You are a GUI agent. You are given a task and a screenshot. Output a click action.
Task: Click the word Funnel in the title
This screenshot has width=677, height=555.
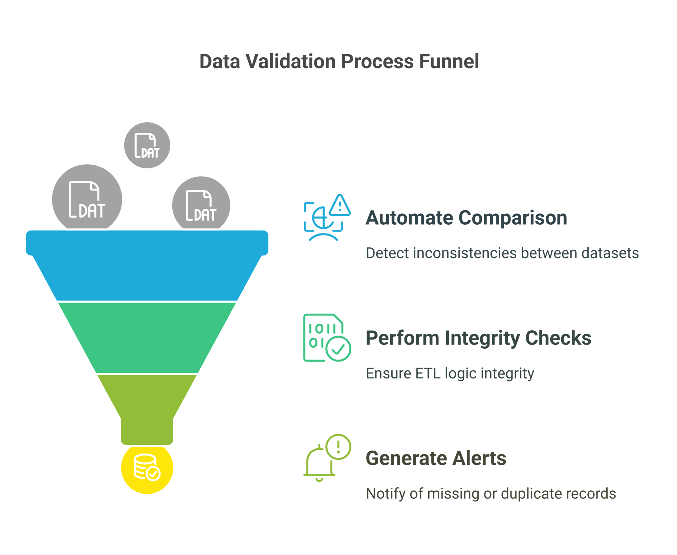pyautogui.click(x=449, y=62)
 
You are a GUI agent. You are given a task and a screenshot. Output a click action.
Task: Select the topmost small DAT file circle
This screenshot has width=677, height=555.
pyautogui.click(x=147, y=145)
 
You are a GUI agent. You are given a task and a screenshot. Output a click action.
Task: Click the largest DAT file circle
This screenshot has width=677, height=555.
pyautogui.click(x=87, y=199)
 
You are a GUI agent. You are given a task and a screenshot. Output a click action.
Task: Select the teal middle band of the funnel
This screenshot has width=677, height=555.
pyautogui.click(x=147, y=337)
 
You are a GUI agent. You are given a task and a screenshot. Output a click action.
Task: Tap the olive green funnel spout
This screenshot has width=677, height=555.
pyautogui.click(x=147, y=410)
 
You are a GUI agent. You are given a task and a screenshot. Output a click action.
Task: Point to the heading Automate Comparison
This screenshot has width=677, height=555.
pyautogui.click(x=466, y=218)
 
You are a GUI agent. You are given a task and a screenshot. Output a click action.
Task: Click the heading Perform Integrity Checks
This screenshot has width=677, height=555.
pyautogui.click(x=478, y=338)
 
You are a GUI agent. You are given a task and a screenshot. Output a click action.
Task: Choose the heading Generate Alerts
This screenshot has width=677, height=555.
pyautogui.click(x=436, y=458)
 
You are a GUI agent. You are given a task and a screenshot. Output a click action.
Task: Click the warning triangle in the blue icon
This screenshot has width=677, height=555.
pyautogui.click(x=340, y=206)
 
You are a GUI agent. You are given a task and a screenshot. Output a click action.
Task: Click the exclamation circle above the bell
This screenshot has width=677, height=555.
pyautogui.click(x=338, y=447)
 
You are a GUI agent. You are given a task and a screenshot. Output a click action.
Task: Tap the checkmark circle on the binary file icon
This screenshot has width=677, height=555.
pyautogui.click(x=338, y=349)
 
